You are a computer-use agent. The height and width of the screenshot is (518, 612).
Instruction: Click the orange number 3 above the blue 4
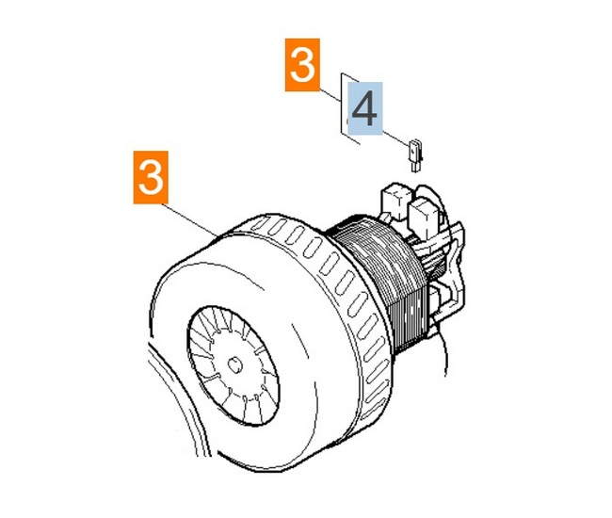(x=302, y=65)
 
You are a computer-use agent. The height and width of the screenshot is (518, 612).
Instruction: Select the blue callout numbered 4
(x=365, y=108)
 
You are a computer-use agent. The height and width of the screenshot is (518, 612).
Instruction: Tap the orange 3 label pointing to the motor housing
(x=151, y=177)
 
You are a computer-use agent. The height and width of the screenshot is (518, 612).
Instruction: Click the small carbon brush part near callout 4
(x=415, y=155)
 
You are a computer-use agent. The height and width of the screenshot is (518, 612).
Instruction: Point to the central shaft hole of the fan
(x=235, y=365)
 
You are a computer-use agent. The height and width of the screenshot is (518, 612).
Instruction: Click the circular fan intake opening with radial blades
(x=233, y=365)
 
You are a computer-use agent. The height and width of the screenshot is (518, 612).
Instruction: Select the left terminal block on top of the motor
(x=395, y=202)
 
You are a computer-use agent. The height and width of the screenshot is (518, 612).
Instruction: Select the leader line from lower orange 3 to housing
(x=193, y=219)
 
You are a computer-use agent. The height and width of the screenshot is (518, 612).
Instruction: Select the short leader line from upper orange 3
(x=330, y=96)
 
